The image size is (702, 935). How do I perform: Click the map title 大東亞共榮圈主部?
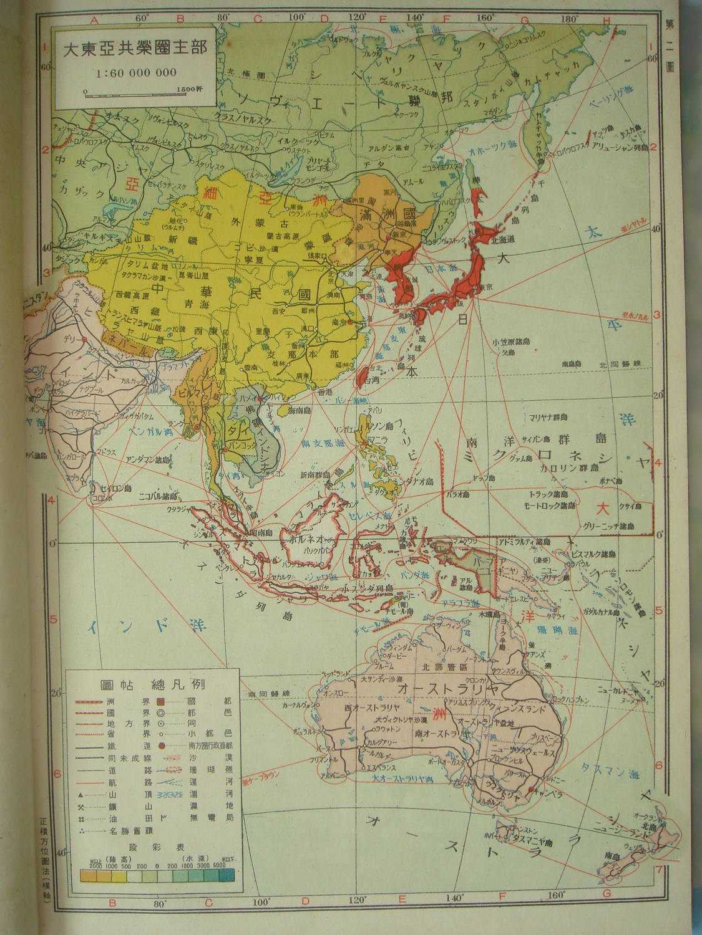click(x=135, y=49)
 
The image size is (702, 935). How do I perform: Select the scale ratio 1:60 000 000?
click(x=136, y=73)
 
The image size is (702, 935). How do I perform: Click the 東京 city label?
click(x=485, y=287)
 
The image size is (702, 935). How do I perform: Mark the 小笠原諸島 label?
click(x=510, y=342)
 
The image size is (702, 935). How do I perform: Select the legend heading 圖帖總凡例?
click(x=153, y=684)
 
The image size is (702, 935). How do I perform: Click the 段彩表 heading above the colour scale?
click(x=157, y=847)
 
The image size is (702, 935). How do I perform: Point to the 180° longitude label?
click(x=568, y=19)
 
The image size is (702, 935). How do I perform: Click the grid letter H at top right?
click(x=605, y=20)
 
